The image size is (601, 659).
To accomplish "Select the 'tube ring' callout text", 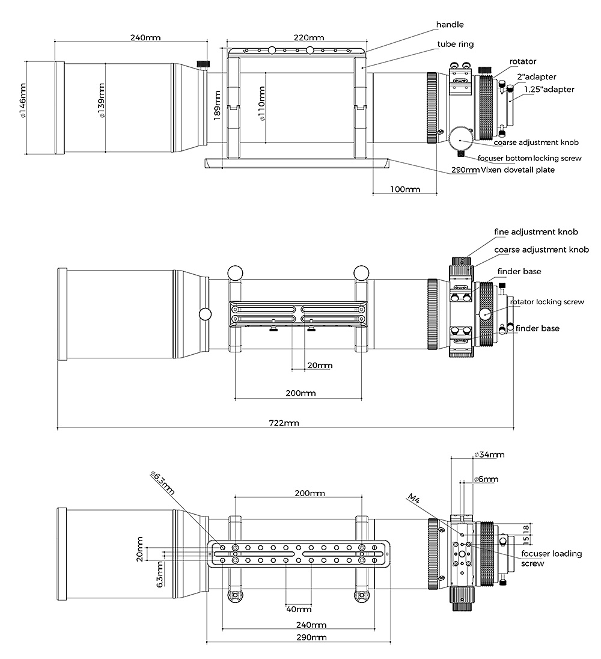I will (x=455, y=44).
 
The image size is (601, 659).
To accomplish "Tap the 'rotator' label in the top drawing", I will (x=523, y=61).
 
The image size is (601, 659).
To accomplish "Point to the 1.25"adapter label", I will (x=549, y=90).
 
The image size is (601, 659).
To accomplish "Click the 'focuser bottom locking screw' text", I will (x=529, y=158).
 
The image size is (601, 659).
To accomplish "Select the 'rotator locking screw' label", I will (x=547, y=302).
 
